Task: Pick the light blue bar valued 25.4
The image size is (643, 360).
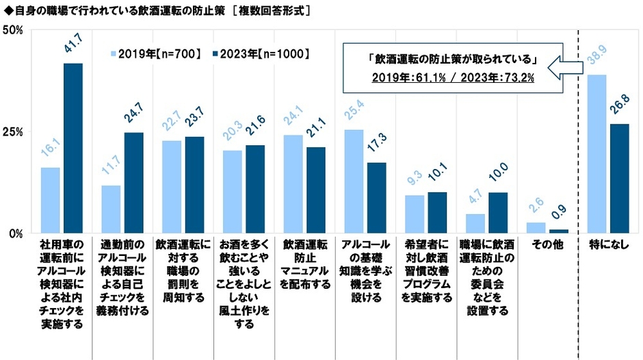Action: point(354,181)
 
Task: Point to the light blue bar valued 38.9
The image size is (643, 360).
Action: point(597,153)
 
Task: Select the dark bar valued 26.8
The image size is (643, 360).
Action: point(620,178)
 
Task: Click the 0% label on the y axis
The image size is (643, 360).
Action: point(16,233)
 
